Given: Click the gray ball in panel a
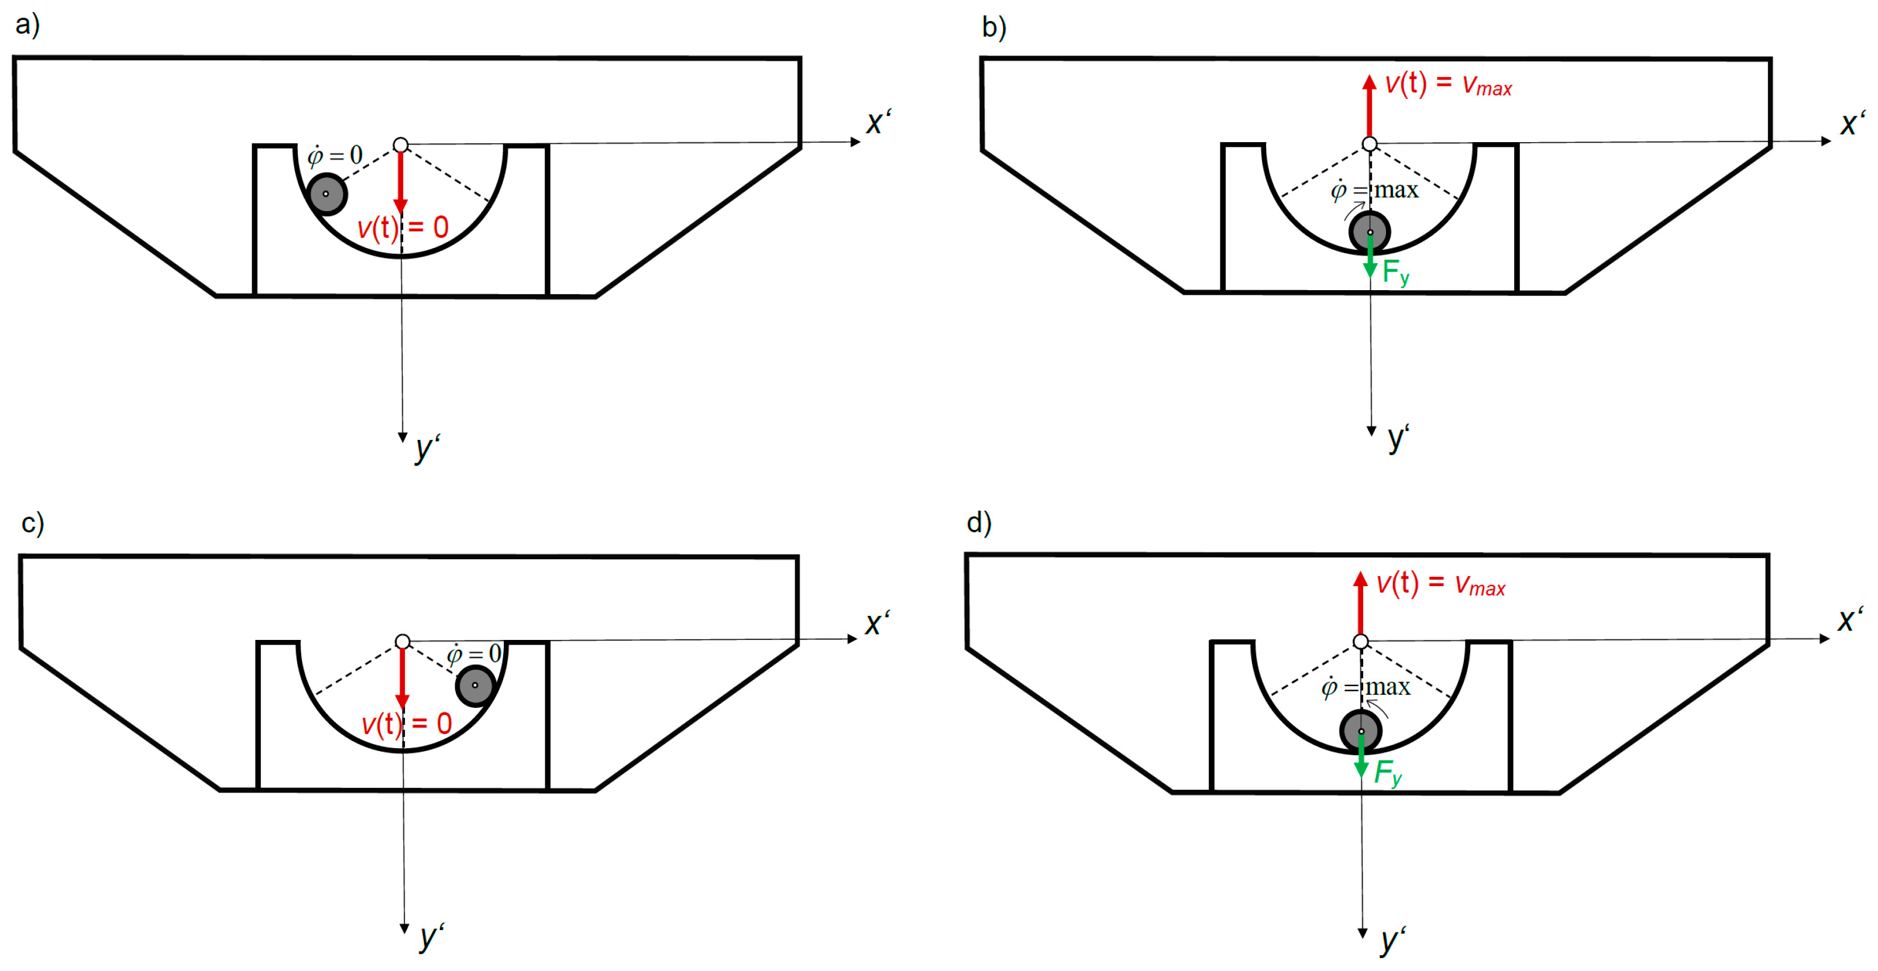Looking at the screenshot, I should (x=326, y=194).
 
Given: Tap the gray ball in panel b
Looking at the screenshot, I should (x=1370, y=232).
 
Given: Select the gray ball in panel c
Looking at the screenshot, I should (x=475, y=685).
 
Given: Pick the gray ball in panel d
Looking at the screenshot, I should (x=1360, y=731).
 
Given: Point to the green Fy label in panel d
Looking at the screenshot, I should (x=1387, y=773).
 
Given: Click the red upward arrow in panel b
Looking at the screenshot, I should (x=1370, y=106).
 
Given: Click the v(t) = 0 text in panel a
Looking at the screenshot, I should (x=403, y=228).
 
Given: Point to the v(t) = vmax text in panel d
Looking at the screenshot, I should (x=1440, y=584).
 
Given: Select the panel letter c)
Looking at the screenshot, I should (x=33, y=523).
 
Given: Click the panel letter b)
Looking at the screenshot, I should (x=993, y=27).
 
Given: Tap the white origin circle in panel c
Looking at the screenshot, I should (x=403, y=642).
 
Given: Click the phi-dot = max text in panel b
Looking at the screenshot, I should (x=1375, y=190).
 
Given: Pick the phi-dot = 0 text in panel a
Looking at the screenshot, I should (x=335, y=155).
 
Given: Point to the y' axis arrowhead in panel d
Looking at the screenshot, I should (x=1363, y=932).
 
